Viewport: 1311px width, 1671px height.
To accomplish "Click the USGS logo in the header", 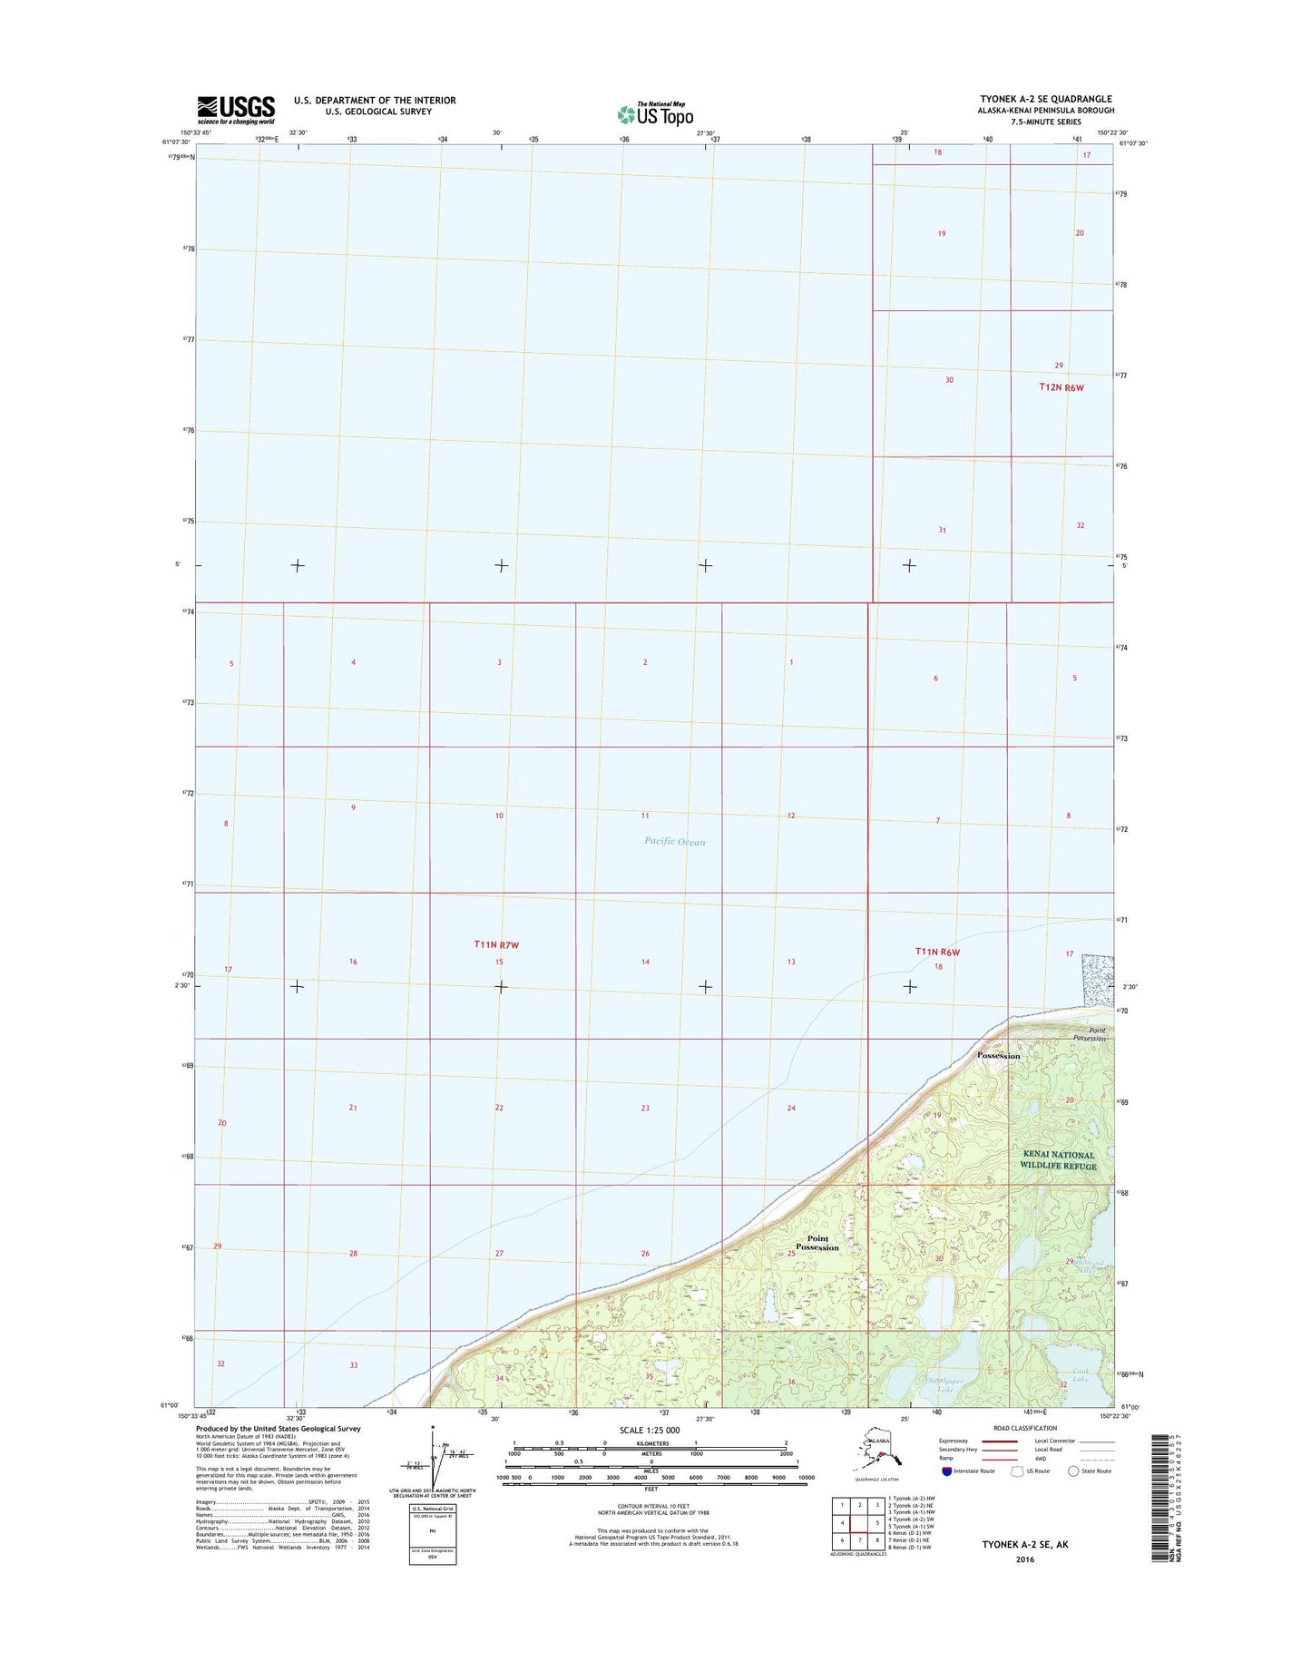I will [x=235, y=110].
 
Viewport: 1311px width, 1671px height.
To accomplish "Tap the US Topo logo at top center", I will [x=655, y=113].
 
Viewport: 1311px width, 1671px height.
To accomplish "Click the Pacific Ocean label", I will [x=674, y=842].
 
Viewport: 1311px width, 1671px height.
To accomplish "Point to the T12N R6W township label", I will [x=1061, y=387].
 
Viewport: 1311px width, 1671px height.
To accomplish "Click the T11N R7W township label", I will [x=496, y=945].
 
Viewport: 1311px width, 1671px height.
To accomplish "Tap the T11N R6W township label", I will [x=937, y=952].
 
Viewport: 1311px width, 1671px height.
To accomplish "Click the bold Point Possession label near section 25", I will [x=817, y=1243].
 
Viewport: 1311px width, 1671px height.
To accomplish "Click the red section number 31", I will [x=942, y=530].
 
